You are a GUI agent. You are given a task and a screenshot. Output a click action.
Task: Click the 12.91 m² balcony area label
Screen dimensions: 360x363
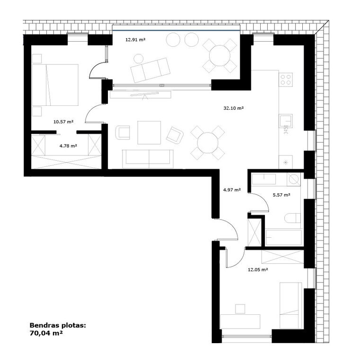(x=135, y=40)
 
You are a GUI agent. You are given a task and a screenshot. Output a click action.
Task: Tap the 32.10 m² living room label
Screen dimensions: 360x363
(x=234, y=108)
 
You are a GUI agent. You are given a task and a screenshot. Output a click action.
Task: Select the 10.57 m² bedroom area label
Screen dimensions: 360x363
(x=63, y=121)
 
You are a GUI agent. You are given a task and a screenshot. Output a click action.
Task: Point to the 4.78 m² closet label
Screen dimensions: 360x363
(x=68, y=146)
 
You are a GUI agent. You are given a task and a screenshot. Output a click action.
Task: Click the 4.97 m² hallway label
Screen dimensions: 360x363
(x=232, y=190)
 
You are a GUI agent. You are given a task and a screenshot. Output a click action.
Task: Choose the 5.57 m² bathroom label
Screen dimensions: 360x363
(x=281, y=195)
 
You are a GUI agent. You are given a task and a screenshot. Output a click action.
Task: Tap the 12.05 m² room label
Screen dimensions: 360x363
(x=258, y=269)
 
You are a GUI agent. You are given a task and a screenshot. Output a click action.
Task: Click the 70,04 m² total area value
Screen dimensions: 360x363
(x=46, y=333)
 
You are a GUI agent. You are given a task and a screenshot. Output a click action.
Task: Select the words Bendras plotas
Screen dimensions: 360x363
(x=58, y=325)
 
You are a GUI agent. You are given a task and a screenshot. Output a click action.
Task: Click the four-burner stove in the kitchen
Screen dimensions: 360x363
(x=286, y=79)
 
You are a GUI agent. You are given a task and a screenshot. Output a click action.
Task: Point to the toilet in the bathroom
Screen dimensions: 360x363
(x=292, y=218)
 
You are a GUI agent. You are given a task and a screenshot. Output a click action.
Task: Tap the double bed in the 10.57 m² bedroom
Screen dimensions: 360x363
(x=55, y=85)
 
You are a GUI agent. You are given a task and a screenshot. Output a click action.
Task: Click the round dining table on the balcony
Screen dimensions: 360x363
(x=220, y=56)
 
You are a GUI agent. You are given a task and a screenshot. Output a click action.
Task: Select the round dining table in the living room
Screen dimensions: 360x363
(x=208, y=143)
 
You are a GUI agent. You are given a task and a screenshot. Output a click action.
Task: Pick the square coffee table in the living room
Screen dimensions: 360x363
(x=149, y=132)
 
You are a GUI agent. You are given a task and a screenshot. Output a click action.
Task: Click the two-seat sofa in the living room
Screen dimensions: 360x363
(x=148, y=159)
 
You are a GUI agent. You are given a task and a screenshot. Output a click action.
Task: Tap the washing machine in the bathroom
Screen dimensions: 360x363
(x=293, y=179)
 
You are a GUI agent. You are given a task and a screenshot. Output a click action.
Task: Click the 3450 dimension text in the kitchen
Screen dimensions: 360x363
(x=286, y=130)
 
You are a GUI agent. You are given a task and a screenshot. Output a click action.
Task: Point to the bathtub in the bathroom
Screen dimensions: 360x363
(x=283, y=237)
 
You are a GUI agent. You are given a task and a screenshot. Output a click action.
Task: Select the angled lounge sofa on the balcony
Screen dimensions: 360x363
(x=150, y=70)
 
